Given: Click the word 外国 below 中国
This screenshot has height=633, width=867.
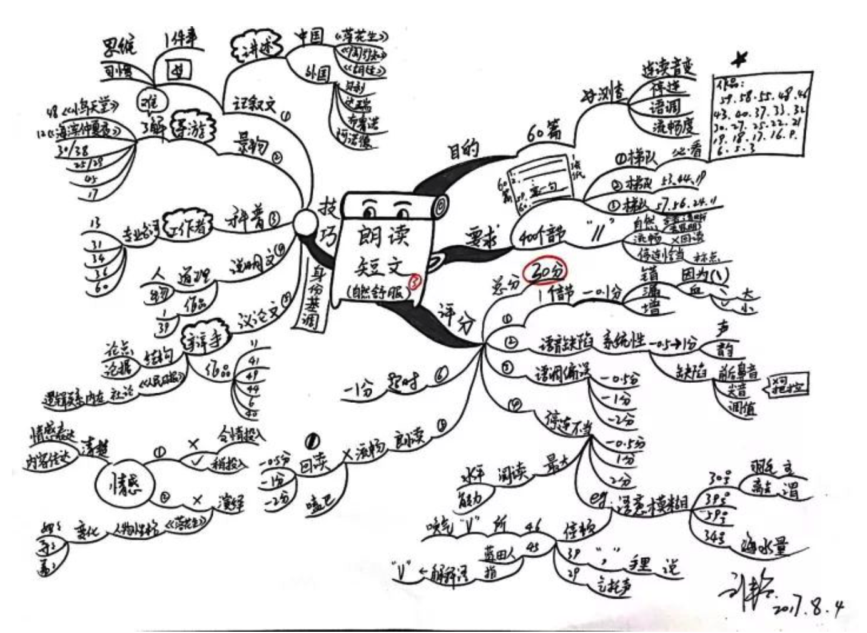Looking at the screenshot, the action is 317,74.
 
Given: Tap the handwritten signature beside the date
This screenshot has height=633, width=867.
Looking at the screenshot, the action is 744,591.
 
